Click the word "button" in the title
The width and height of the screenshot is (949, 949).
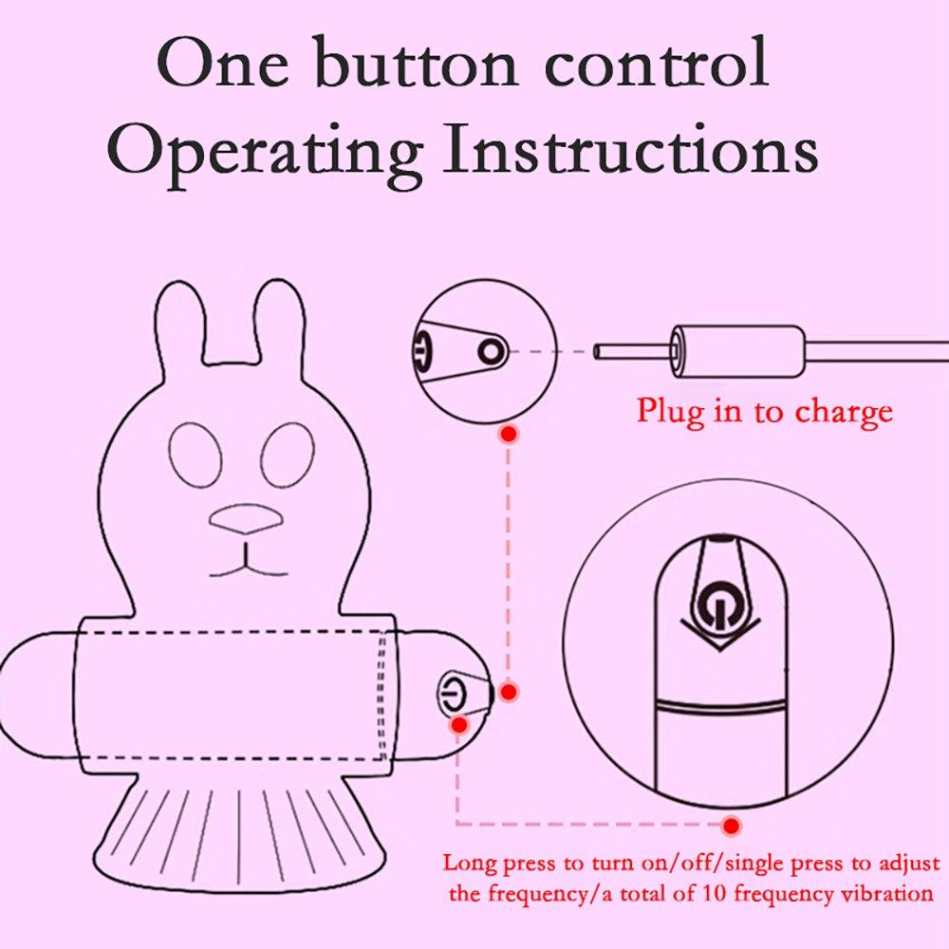[416, 64]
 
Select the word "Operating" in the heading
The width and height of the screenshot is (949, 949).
[265, 157]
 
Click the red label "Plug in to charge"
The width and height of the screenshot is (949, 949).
[764, 412]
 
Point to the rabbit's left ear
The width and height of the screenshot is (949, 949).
[179, 324]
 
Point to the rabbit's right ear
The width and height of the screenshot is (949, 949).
[278, 323]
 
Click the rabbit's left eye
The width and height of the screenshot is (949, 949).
[195, 456]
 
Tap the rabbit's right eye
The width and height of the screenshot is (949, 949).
[288, 455]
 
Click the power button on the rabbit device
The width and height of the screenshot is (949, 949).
[453, 694]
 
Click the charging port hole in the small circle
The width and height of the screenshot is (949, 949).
[492, 351]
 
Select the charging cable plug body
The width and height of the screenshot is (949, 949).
[737, 351]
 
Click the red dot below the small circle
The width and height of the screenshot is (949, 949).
[510, 434]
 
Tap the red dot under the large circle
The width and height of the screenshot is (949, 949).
[732, 825]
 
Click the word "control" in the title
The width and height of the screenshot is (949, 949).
[657, 64]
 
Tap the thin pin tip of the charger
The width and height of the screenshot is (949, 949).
[597, 352]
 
